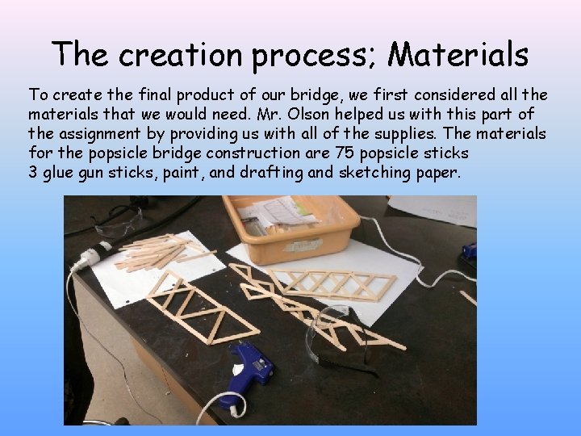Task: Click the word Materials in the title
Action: [458, 55]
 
